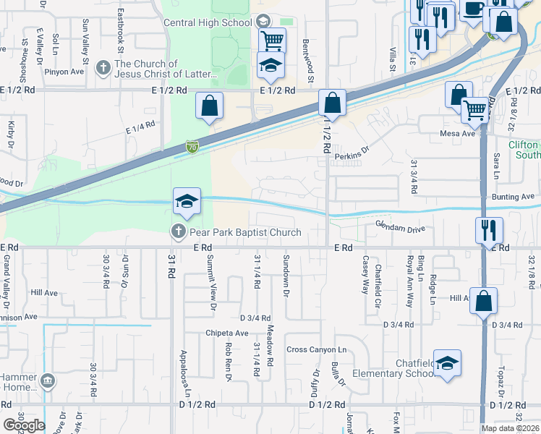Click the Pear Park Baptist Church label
pos(244,232)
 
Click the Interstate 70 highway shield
pos(192,147)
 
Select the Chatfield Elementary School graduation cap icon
pos(448,366)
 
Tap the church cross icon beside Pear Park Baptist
pos(178,232)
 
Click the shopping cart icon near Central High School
pos(272,40)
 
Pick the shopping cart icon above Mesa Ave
pos(475,110)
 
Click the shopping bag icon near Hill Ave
pos(484,301)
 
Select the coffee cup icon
pos(474,9)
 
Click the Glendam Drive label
pos(400,228)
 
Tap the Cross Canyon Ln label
pos(317,349)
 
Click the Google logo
pos(24,425)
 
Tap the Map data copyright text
pos(509,428)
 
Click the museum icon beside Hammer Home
pos(48,380)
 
